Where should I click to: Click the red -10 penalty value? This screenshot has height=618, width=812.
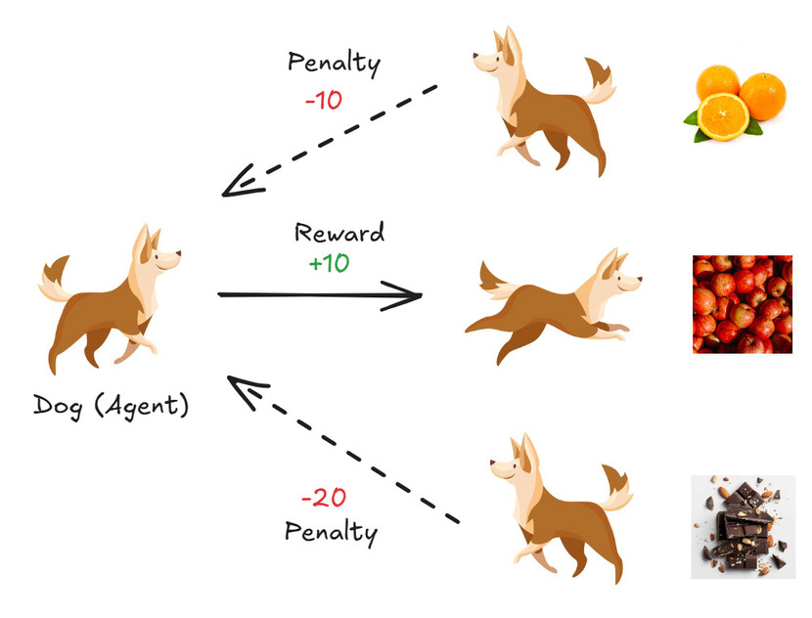[324, 100]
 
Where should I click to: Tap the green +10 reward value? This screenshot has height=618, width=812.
[329, 263]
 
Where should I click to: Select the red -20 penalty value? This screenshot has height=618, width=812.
[324, 498]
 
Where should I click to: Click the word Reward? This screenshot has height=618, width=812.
[339, 233]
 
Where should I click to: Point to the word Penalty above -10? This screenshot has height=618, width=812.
[334, 64]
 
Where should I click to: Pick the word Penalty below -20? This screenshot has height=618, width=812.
[332, 532]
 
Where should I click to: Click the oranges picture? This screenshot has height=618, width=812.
[735, 103]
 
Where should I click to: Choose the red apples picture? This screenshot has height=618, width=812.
[743, 304]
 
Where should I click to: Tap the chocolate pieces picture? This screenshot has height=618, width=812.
[744, 527]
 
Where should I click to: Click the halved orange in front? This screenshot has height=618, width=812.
[722, 116]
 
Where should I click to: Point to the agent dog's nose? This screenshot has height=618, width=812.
[179, 253]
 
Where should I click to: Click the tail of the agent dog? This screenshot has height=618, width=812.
[55, 280]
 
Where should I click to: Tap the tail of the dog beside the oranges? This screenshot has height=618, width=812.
[600, 82]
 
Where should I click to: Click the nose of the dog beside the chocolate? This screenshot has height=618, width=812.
[493, 463]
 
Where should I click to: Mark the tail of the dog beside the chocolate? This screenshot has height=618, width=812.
[616, 488]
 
